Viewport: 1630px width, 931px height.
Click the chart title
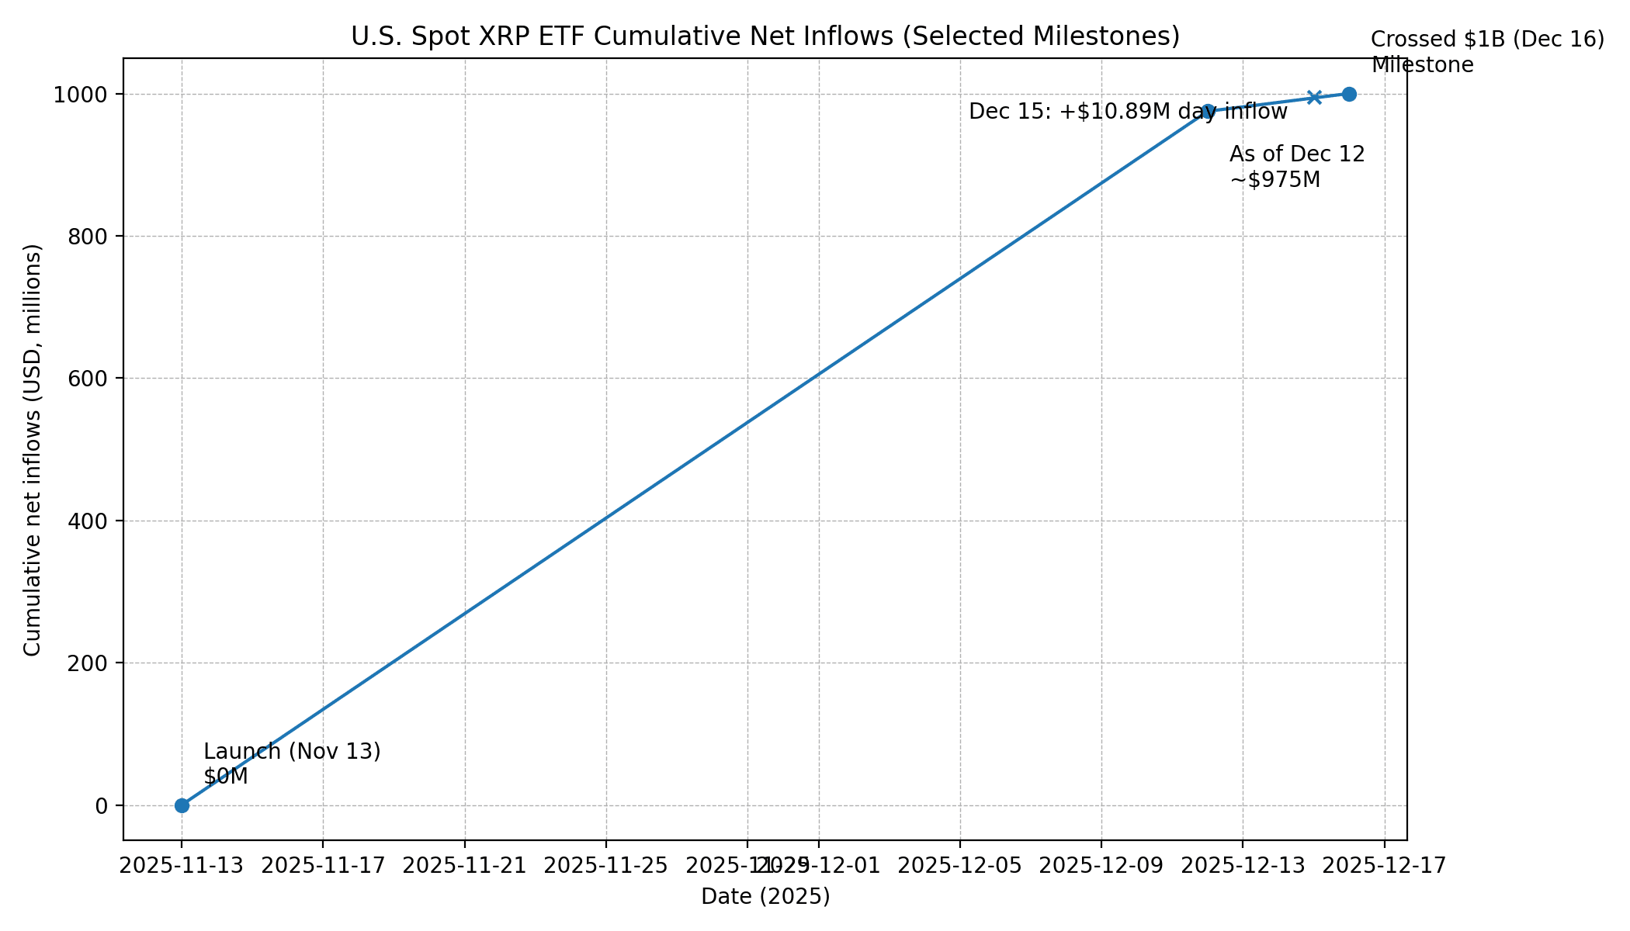point(765,36)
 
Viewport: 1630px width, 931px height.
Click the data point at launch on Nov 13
point(182,805)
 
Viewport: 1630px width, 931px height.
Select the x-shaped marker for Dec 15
point(1314,97)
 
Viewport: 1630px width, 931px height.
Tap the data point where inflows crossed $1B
point(1349,94)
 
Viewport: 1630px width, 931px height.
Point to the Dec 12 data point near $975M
point(1208,112)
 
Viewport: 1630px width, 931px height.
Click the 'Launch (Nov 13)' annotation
point(292,752)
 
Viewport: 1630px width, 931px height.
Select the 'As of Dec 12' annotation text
point(1296,154)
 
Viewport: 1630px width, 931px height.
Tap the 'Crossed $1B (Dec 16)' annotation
point(1486,40)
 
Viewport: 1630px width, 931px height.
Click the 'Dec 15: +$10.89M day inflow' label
point(1128,112)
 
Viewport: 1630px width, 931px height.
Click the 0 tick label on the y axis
point(101,806)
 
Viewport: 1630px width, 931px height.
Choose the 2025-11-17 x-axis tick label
point(323,866)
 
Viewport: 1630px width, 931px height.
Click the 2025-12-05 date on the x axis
point(960,866)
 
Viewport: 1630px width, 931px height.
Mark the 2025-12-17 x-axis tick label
point(1384,866)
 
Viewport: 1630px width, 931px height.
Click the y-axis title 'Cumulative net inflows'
point(33,449)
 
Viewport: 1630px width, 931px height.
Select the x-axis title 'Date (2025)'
point(765,897)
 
